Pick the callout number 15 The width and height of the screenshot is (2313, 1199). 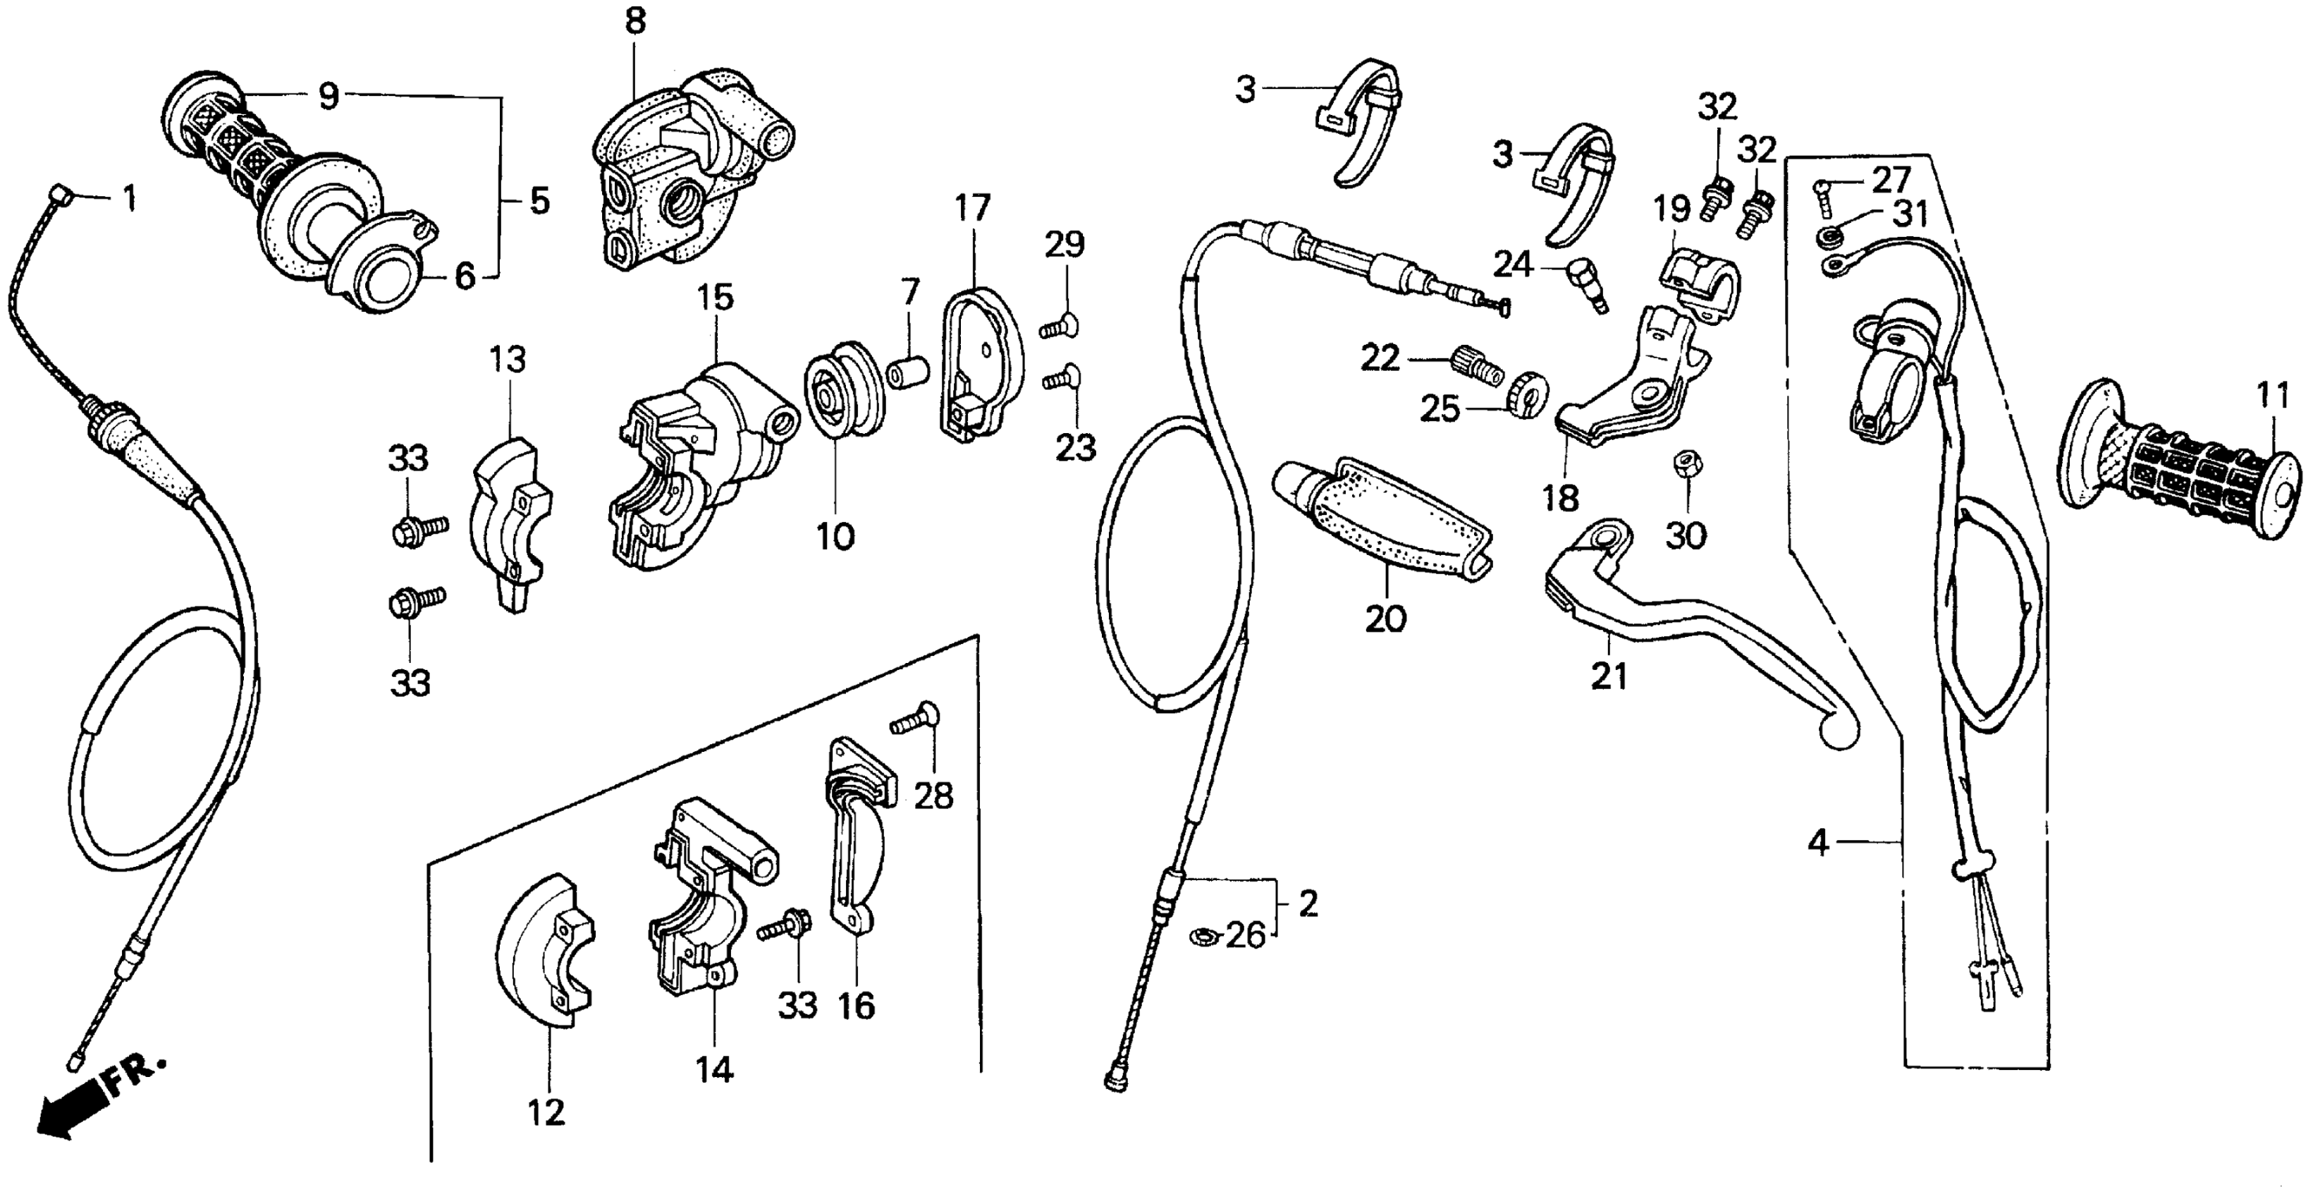(x=715, y=297)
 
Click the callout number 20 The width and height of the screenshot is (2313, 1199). (x=1385, y=619)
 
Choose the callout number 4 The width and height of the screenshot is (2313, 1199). (x=1817, y=844)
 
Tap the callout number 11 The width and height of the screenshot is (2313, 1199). (x=2273, y=395)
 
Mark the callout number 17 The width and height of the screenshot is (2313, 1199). (x=971, y=208)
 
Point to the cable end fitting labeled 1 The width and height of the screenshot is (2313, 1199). (x=60, y=194)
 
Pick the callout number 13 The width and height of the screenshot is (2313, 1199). (x=508, y=360)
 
